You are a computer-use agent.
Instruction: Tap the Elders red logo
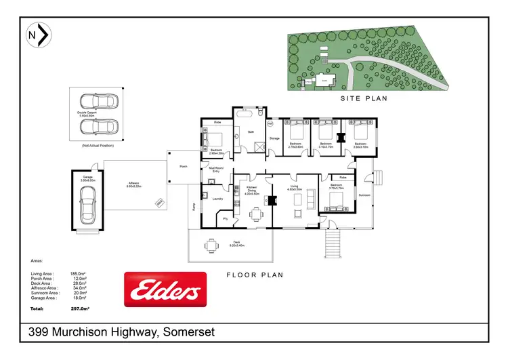165,290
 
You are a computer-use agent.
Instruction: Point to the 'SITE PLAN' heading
363,98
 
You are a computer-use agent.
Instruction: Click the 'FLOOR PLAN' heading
255,275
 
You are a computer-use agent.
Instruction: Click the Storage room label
274,138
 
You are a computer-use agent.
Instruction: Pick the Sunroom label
365,194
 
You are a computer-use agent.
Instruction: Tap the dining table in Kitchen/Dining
255,215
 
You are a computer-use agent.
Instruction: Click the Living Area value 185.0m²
79,274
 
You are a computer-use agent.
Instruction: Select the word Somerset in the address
191,332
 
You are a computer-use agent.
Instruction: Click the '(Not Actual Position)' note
98,146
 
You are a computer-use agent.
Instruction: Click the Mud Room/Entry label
215,170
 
